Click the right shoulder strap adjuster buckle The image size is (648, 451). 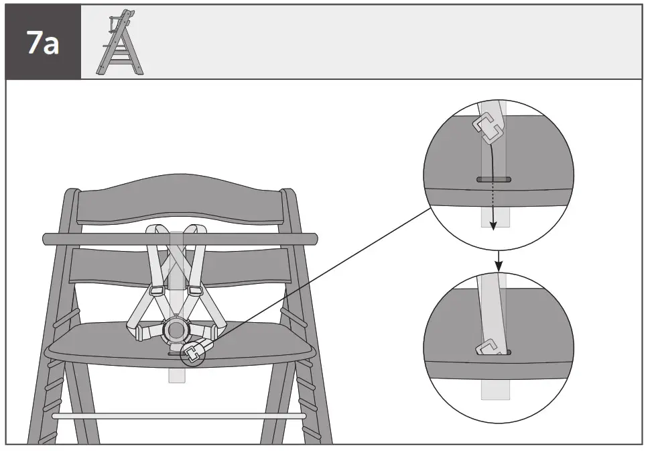(x=195, y=291)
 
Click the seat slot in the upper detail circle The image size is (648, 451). (x=494, y=180)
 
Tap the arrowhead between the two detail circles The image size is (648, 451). (x=499, y=266)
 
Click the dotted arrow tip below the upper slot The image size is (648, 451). (x=493, y=226)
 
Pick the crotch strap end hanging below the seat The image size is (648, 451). (x=176, y=374)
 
